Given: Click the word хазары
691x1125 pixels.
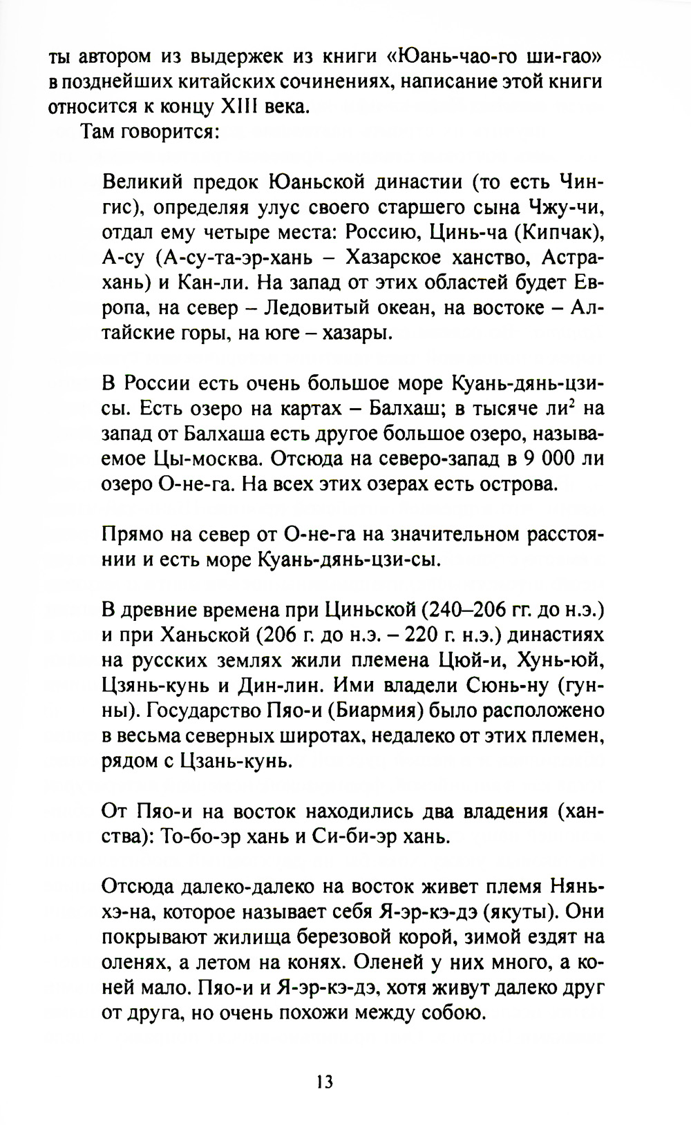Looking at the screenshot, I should point(360,334).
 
